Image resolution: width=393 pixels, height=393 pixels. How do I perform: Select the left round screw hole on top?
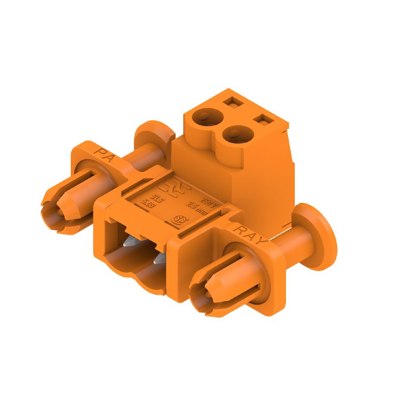pyautogui.click(x=204, y=116)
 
